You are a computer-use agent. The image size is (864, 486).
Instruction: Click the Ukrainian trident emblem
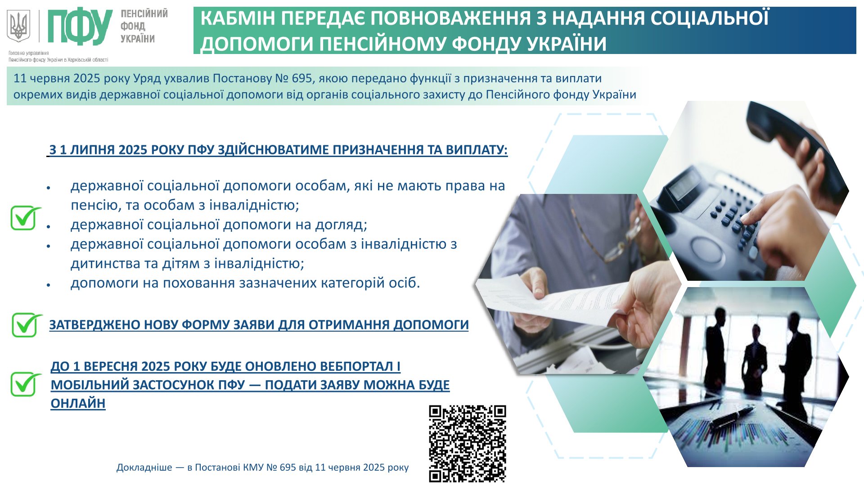pyautogui.click(x=18, y=26)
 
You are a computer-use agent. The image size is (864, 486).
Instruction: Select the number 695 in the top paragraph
pyautogui.click(x=302, y=78)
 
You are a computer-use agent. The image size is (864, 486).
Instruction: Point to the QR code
pyautogui.click(x=467, y=444)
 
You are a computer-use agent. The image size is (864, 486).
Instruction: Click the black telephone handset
pyautogui.click(x=792, y=144)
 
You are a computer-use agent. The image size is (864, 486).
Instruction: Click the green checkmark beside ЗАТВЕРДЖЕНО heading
pyautogui.click(x=27, y=325)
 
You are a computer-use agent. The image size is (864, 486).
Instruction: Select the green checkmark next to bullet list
pyautogui.click(x=25, y=218)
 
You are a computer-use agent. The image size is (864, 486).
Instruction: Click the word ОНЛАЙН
pyautogui.click(x=78, y=403)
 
